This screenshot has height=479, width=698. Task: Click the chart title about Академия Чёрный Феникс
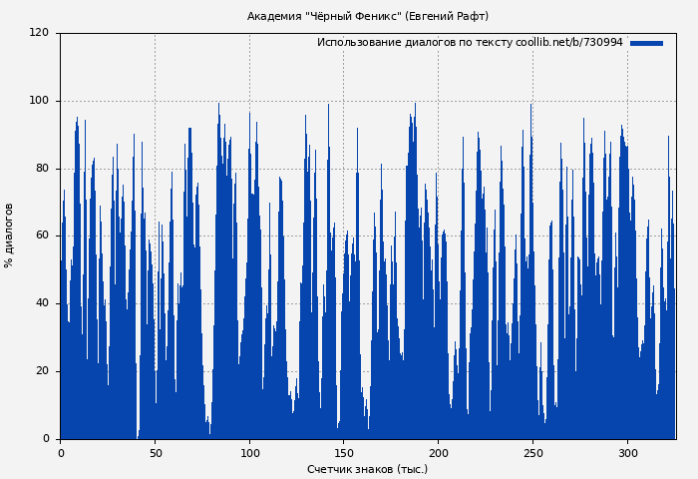coord(368,16)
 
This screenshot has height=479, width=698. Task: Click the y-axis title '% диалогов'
coord(9,236)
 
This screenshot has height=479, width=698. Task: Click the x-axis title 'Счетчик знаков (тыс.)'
coord(367,469)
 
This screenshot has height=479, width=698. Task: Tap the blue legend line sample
coord(646,43)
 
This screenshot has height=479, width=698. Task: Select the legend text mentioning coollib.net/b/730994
coord(470,43)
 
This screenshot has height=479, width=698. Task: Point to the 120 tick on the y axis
coord(39,33)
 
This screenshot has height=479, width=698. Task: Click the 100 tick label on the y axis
coord(39,101)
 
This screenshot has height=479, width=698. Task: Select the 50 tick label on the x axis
coord(155,453)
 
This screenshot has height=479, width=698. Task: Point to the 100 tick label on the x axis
coord(249,453)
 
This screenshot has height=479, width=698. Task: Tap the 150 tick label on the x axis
coord(344,453)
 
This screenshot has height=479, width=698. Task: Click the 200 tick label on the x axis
coord(439,453)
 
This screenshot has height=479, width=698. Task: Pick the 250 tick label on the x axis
coord(533,453)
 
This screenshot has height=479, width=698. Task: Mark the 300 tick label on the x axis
coord(628,453)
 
